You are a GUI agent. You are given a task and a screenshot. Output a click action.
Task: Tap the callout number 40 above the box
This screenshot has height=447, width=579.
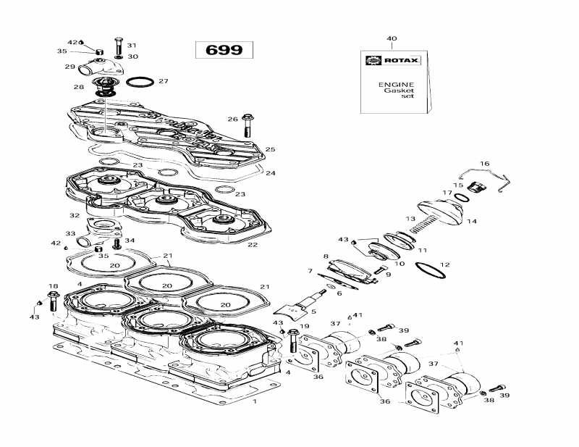point(392,38)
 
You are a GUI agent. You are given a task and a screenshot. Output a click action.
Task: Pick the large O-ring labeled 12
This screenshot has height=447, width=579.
point(431,270)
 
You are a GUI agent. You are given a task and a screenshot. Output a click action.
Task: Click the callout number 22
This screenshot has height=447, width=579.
point(253,245)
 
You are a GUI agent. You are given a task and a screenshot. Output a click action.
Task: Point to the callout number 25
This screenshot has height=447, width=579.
point(270,149)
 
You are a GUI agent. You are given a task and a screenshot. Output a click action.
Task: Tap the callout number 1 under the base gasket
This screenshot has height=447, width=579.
point(254,400)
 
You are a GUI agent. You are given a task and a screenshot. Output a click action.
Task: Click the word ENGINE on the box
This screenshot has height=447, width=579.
point(397,84)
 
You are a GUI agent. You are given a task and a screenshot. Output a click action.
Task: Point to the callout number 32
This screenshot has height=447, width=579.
point(74,216)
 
